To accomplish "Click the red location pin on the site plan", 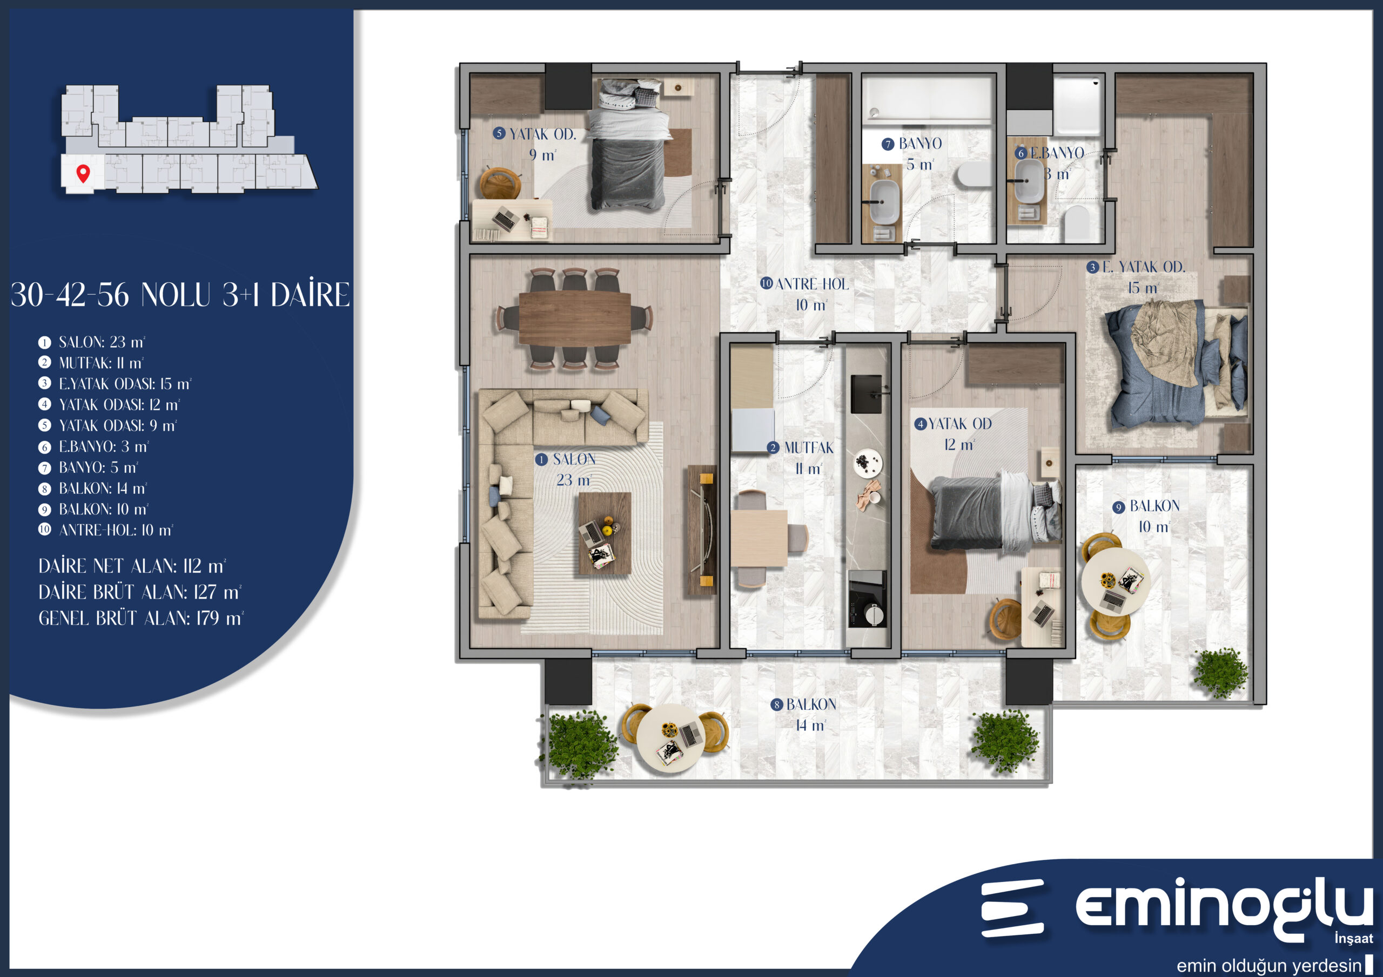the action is coord(83,173).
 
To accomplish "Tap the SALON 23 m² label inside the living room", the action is coord(565,470).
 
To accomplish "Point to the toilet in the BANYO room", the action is coord(974,175).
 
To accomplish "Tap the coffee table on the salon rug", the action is coord(604,533).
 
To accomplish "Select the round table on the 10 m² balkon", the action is coord(1116,581).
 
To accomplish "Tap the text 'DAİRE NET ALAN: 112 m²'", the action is coord(132,566).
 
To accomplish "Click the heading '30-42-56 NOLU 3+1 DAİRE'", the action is coord(180,294).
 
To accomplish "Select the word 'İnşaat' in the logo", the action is coord(1353,938).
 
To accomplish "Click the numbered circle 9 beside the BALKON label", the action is coord(1119,507).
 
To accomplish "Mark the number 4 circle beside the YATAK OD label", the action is coord(921,424).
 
